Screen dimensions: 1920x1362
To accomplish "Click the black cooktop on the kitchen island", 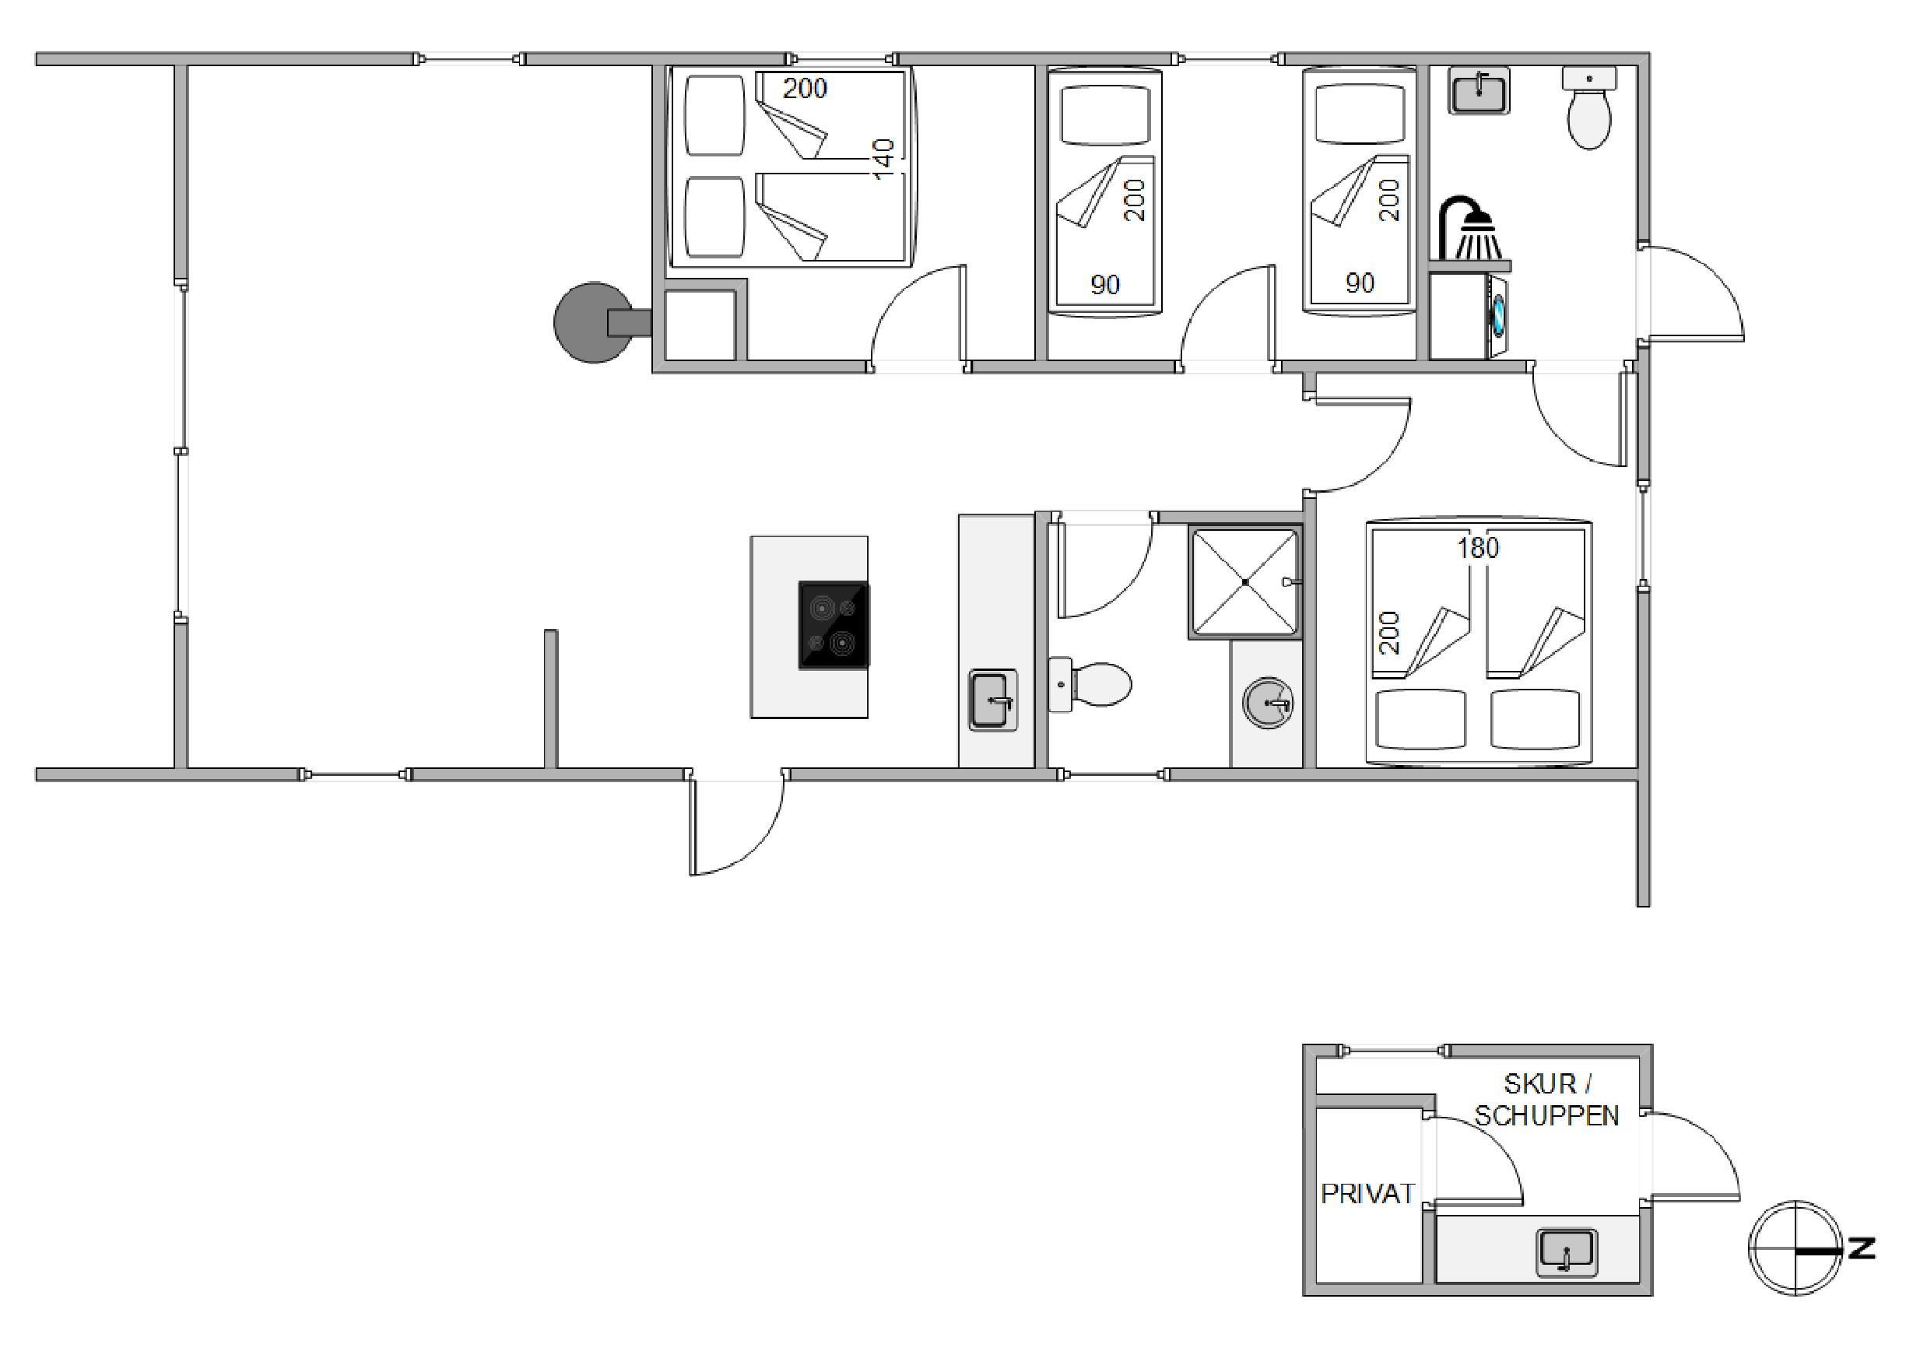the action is pos(834,626).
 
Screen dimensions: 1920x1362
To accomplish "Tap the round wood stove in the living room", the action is pos(595,322).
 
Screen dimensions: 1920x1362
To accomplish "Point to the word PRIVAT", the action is pos(1367,1193).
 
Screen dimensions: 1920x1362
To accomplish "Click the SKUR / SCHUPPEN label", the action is pos(1547,1100).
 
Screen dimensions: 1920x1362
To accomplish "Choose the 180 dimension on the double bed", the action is pos(1477,548).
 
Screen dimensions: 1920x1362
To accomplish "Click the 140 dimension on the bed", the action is pos(883,160).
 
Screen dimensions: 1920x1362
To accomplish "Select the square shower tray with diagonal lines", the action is pos(1245,582).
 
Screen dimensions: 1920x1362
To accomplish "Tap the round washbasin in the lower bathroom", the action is pos(1268,702).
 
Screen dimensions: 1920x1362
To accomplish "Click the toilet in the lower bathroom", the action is pos(1089,685).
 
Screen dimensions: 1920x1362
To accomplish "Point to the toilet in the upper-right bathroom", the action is pos(1588,109).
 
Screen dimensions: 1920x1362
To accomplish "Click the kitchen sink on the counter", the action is pos(994,700).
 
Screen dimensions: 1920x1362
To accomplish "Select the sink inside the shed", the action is pos(1566,1252).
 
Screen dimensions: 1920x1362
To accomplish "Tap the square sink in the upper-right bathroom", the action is pos(1479,91).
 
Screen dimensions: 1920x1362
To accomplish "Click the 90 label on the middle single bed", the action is pos(1105,285).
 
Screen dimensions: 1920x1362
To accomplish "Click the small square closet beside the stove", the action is pos(700,326).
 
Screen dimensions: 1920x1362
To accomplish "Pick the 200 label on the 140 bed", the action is pos(805,88).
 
